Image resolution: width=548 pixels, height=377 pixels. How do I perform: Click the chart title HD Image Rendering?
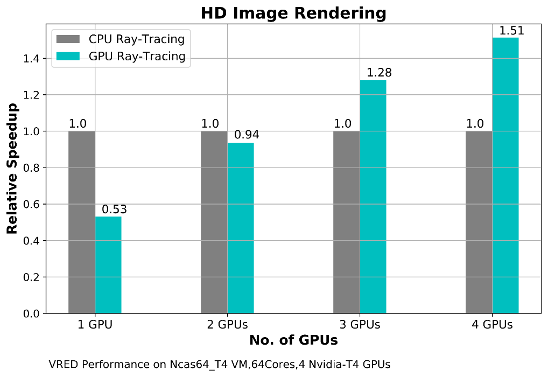click(293, 13)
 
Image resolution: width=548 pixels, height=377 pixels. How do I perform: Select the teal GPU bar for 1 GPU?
click(108, 264)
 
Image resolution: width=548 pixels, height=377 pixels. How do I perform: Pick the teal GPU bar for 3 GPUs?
click(373, 197)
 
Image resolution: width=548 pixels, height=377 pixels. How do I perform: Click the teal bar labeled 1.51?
click(505, 176)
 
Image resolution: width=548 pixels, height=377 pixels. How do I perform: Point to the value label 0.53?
click(114, 210)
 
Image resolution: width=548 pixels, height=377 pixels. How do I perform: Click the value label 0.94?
click(247, 135)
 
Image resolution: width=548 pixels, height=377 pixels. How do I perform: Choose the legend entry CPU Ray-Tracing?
click(137, 39)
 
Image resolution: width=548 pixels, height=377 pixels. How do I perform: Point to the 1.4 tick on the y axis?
click(31, 59)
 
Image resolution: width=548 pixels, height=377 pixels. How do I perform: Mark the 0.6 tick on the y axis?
click(31, 204)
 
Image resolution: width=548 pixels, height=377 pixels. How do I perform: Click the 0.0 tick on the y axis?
click(31, 313)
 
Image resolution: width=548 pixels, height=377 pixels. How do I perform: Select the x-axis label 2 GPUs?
click(227, 325)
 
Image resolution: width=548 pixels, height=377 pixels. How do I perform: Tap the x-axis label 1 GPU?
click(95, 325)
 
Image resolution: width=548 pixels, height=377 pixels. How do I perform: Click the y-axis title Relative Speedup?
click(12, 169)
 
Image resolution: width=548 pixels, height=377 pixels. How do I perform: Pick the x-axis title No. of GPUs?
click(293, 340)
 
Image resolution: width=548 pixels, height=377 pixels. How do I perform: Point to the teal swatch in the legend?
click(68, 56)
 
